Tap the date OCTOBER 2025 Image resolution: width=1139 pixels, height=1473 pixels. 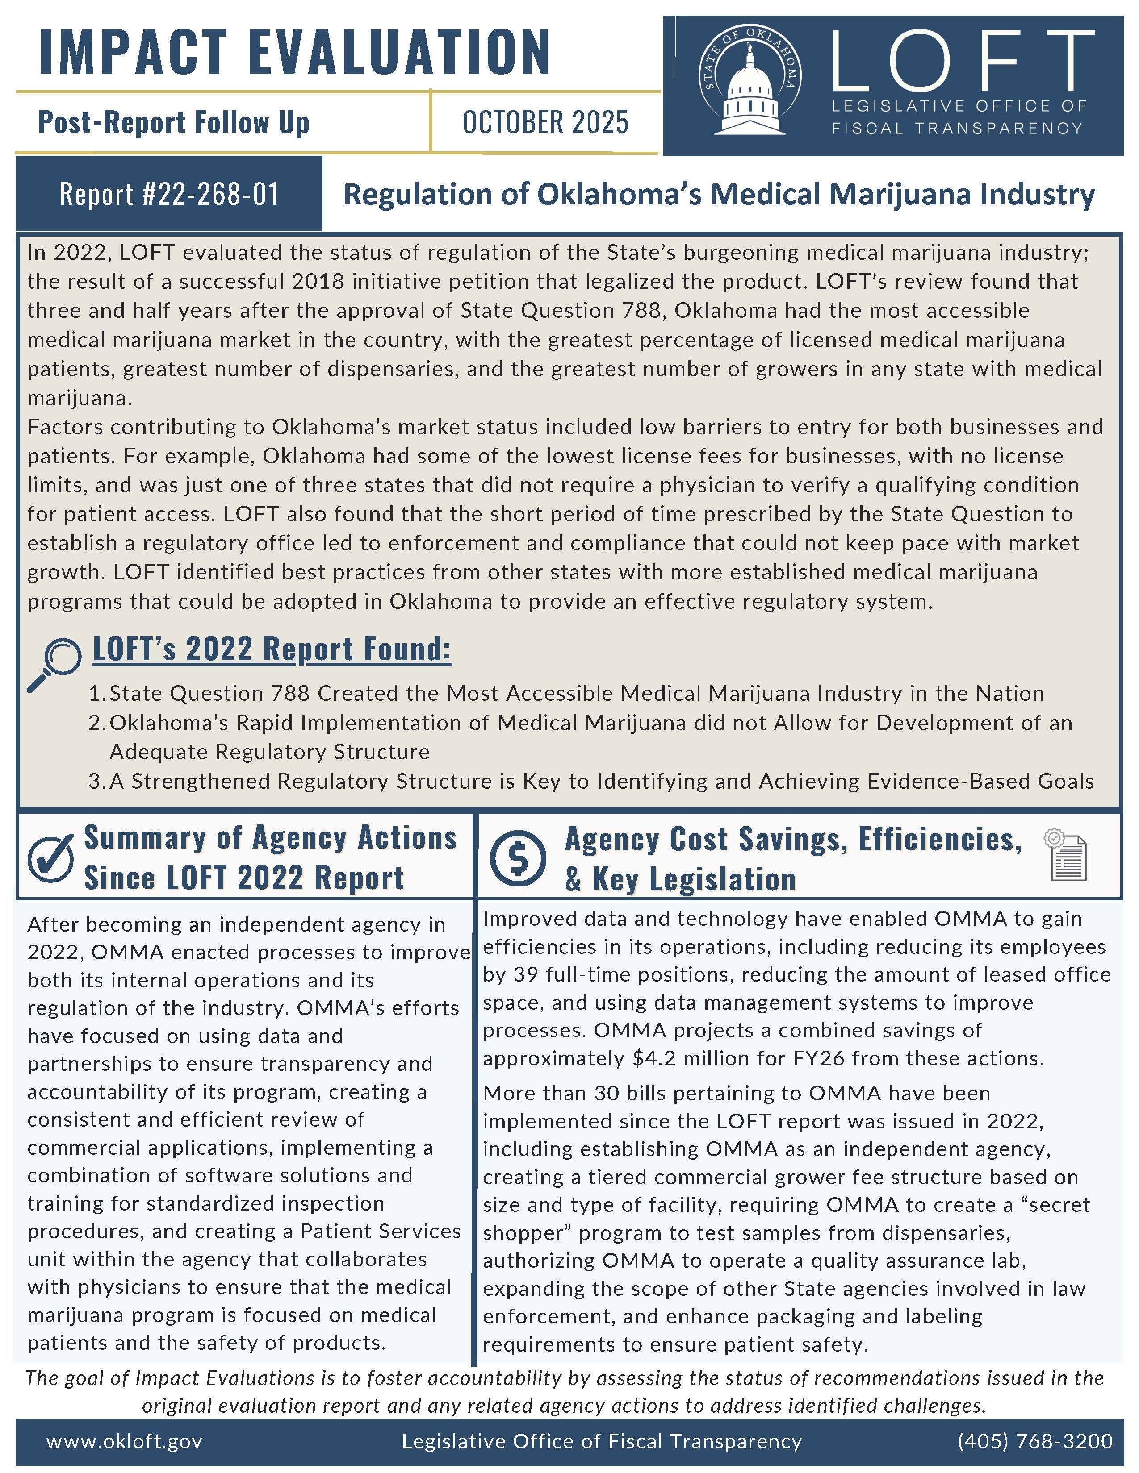pos(545,123)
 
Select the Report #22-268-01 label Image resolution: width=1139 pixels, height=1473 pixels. pos(169,194)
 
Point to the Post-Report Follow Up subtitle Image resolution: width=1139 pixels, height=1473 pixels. pos(173,123)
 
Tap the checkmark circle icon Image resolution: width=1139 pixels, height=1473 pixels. pos(50,858)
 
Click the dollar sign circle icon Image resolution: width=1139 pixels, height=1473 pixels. pos(518,858)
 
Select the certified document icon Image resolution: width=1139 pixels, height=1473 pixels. pos(1068,855)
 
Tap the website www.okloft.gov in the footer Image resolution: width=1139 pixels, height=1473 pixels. pos(124,1441)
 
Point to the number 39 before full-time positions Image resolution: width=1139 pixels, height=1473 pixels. pos(526,974)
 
